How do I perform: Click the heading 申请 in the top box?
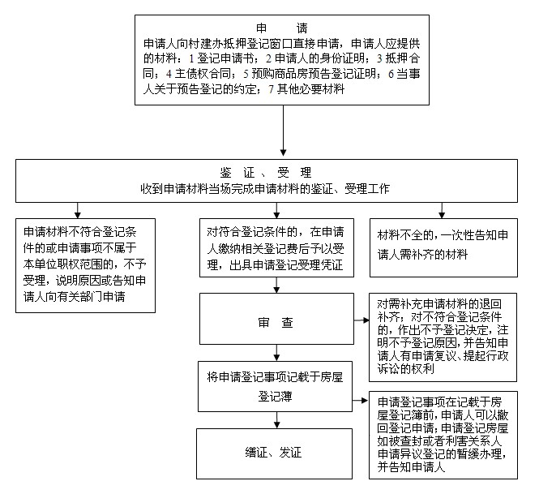pos(282,28)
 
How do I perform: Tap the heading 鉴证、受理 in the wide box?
pos(266,172)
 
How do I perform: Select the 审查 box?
pos(276,319)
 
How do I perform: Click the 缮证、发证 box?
pos(274,453)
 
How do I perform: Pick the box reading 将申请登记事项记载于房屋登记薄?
pos(275,386)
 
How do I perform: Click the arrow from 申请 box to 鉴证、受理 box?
pos(283,131)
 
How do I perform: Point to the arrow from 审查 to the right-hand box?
pos(361,320)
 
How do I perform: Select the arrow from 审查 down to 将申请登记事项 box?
pos(276,353)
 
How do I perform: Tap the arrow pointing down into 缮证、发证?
pos(276,419)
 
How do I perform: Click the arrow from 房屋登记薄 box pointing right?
pos(360,401)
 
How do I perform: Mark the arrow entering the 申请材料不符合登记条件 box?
pos(78,210)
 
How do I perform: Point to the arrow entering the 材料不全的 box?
pos(442,210)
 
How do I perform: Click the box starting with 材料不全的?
pos(443,247)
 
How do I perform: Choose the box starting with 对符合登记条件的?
pos(276,247)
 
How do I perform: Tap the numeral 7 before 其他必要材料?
pos(272,89)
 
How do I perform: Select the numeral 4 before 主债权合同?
pos(169,74)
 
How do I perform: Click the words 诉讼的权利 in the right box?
pos(406,369)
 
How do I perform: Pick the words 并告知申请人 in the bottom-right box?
pos(411,466)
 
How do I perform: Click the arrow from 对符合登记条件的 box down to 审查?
pos(276,285)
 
